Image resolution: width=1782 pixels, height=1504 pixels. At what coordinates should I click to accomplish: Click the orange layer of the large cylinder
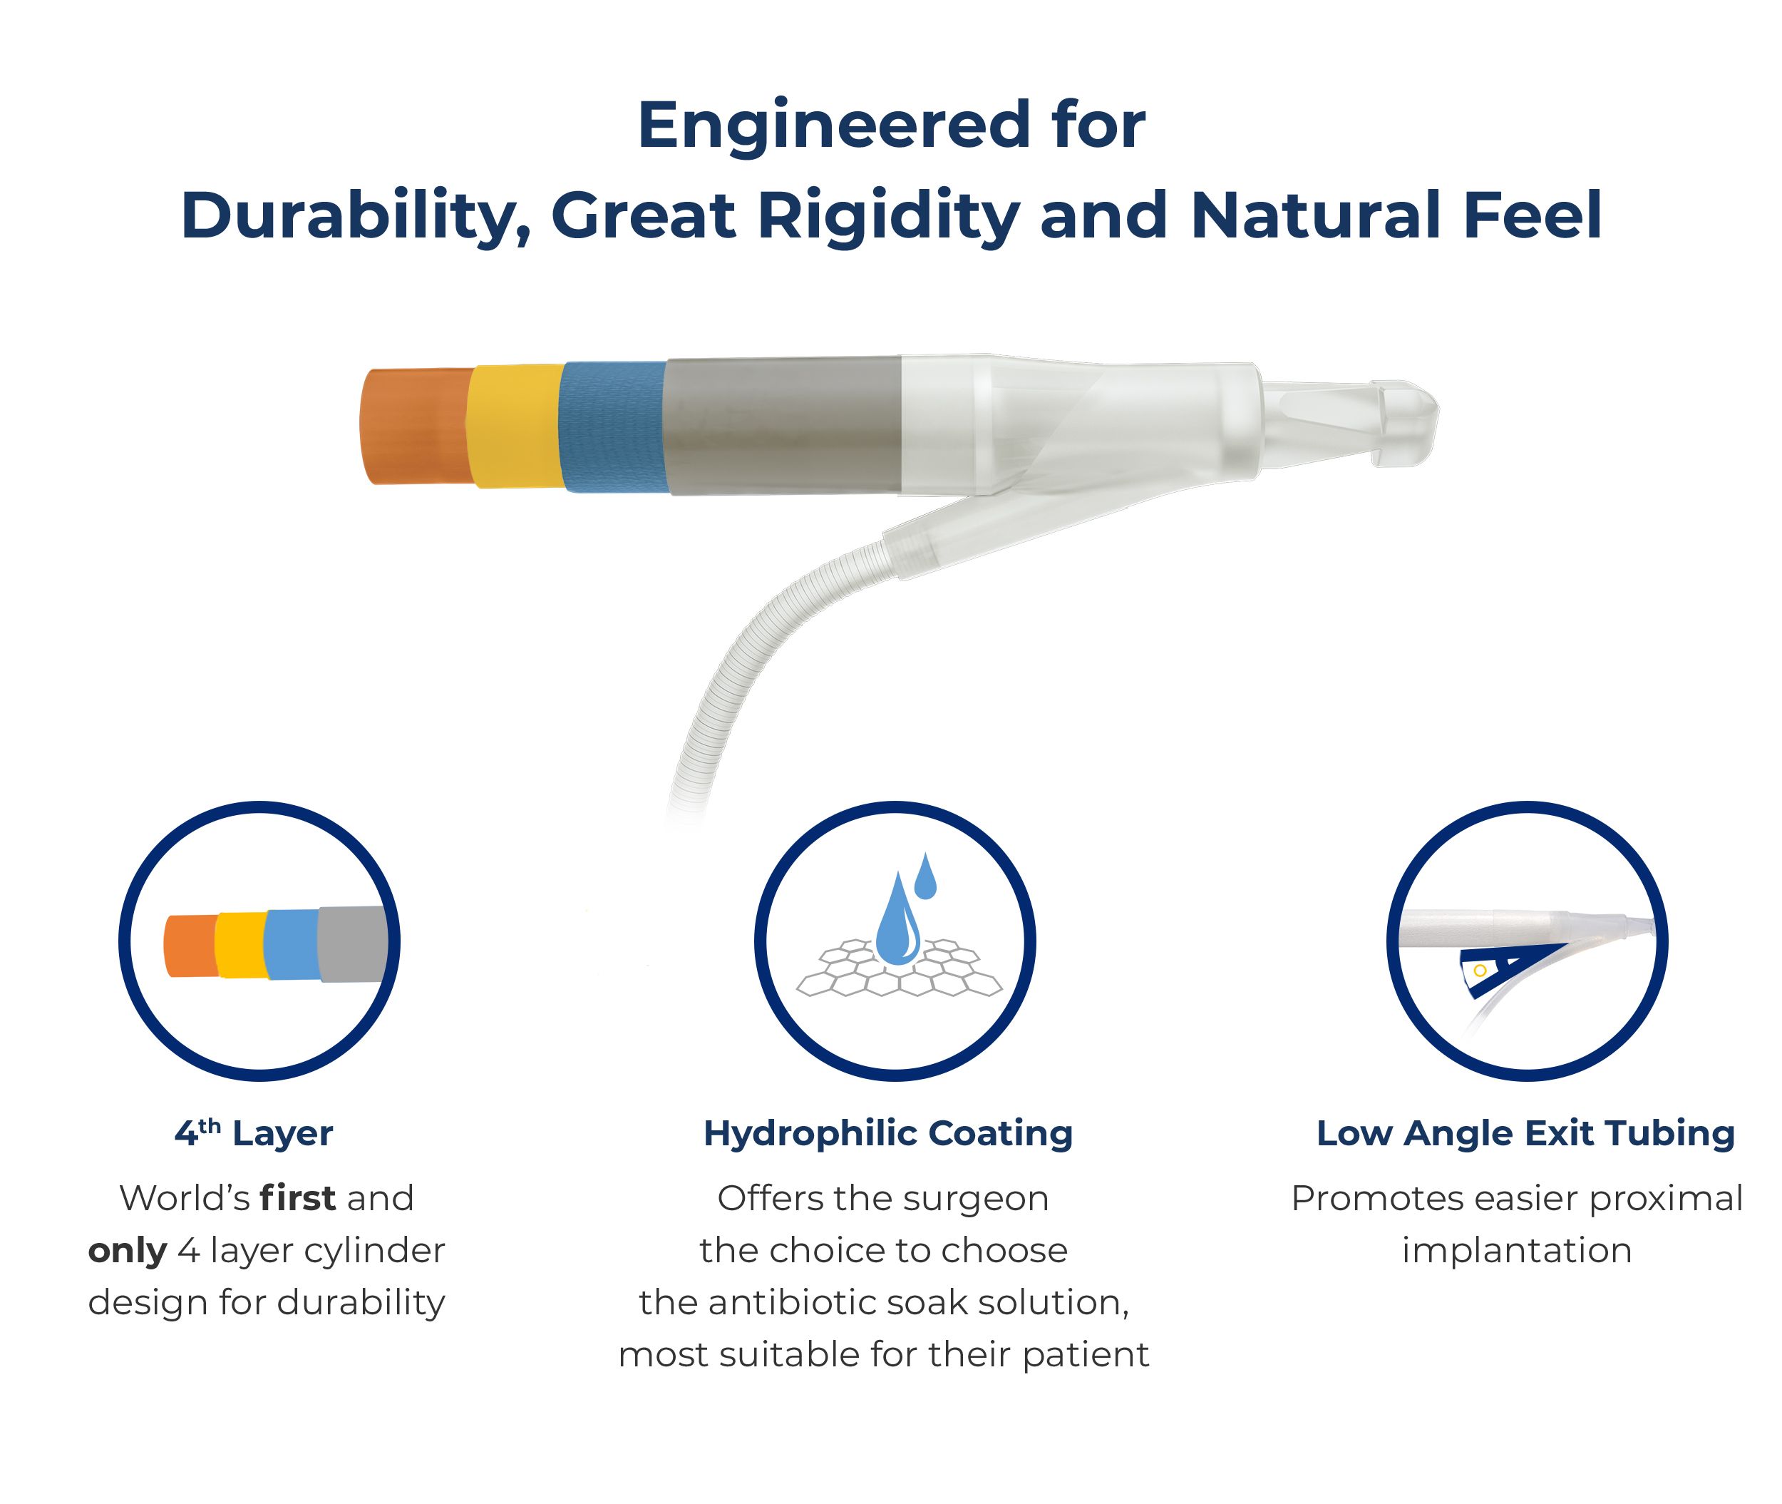(x=415, y=426)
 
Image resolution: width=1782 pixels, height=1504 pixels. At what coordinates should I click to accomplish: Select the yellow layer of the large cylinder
(x=514, y=426)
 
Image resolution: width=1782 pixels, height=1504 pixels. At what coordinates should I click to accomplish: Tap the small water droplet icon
(x=925, y=876)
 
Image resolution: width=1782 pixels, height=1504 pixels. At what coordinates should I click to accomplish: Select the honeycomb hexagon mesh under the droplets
(x=899, y=968)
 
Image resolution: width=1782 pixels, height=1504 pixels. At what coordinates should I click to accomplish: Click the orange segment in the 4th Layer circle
(x=191, y=946)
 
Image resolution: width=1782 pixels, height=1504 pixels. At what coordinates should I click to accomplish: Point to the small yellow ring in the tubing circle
(x=1480, y=971)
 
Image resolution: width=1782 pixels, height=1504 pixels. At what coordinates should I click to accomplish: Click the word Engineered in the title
(x=834, y=126)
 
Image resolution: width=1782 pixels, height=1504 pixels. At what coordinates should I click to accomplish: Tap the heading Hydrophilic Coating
(x=888, y=1134)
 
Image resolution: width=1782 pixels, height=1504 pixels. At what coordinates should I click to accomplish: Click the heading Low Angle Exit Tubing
(x=1525, y=1134)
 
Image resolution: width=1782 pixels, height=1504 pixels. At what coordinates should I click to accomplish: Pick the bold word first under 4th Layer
(x=297, y=1198)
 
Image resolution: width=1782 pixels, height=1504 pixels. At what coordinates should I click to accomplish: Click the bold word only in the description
(x=128, y=1251)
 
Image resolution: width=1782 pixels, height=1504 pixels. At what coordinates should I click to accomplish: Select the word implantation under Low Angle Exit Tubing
(x=1517, y=1251)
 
